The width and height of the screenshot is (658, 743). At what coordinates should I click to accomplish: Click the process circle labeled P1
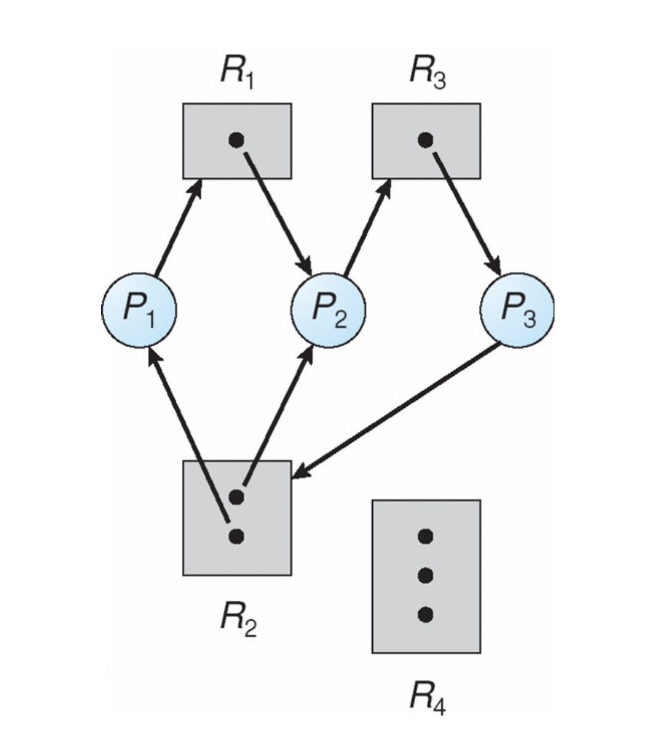tap(139, 309)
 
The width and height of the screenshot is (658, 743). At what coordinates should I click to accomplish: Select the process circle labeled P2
tap(329, 309)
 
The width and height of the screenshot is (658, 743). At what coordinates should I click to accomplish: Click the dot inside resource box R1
tap(236, 140)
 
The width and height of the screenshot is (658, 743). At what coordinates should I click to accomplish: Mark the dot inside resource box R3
tap(425, 140)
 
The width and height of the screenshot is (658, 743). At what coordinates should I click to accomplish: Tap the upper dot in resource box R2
tap(236, 496)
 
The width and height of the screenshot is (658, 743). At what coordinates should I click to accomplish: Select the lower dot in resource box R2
tap(236, 537)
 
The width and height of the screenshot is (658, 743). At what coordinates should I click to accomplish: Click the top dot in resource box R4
tap(425, 537)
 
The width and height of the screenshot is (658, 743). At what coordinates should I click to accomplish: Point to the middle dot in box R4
tap(425, 575)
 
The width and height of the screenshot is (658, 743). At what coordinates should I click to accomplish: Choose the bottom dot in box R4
tap(425, 614)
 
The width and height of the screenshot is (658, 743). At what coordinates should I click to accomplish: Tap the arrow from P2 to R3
tap(367, 228)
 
